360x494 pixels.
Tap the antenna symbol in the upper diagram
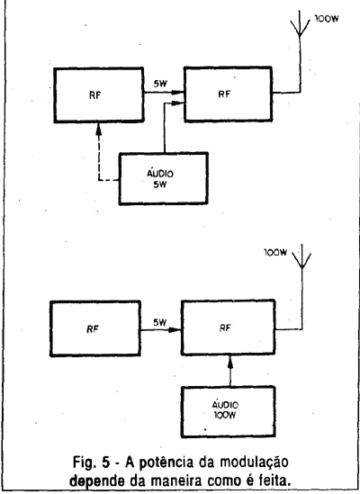tap(300, 23)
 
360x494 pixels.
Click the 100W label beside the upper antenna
tap(327, 19)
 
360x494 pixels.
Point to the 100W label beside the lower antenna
tap(275, 252)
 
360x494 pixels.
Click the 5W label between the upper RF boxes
tap(160, 84)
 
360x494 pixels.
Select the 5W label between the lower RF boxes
tap(160, 322)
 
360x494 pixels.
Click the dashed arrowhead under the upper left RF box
tap(99, 129)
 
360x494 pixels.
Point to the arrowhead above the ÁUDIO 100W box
tap(230, 362)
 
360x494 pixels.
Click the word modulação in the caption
tap(254, 463)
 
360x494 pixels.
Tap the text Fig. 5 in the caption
tap(92, 463)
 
